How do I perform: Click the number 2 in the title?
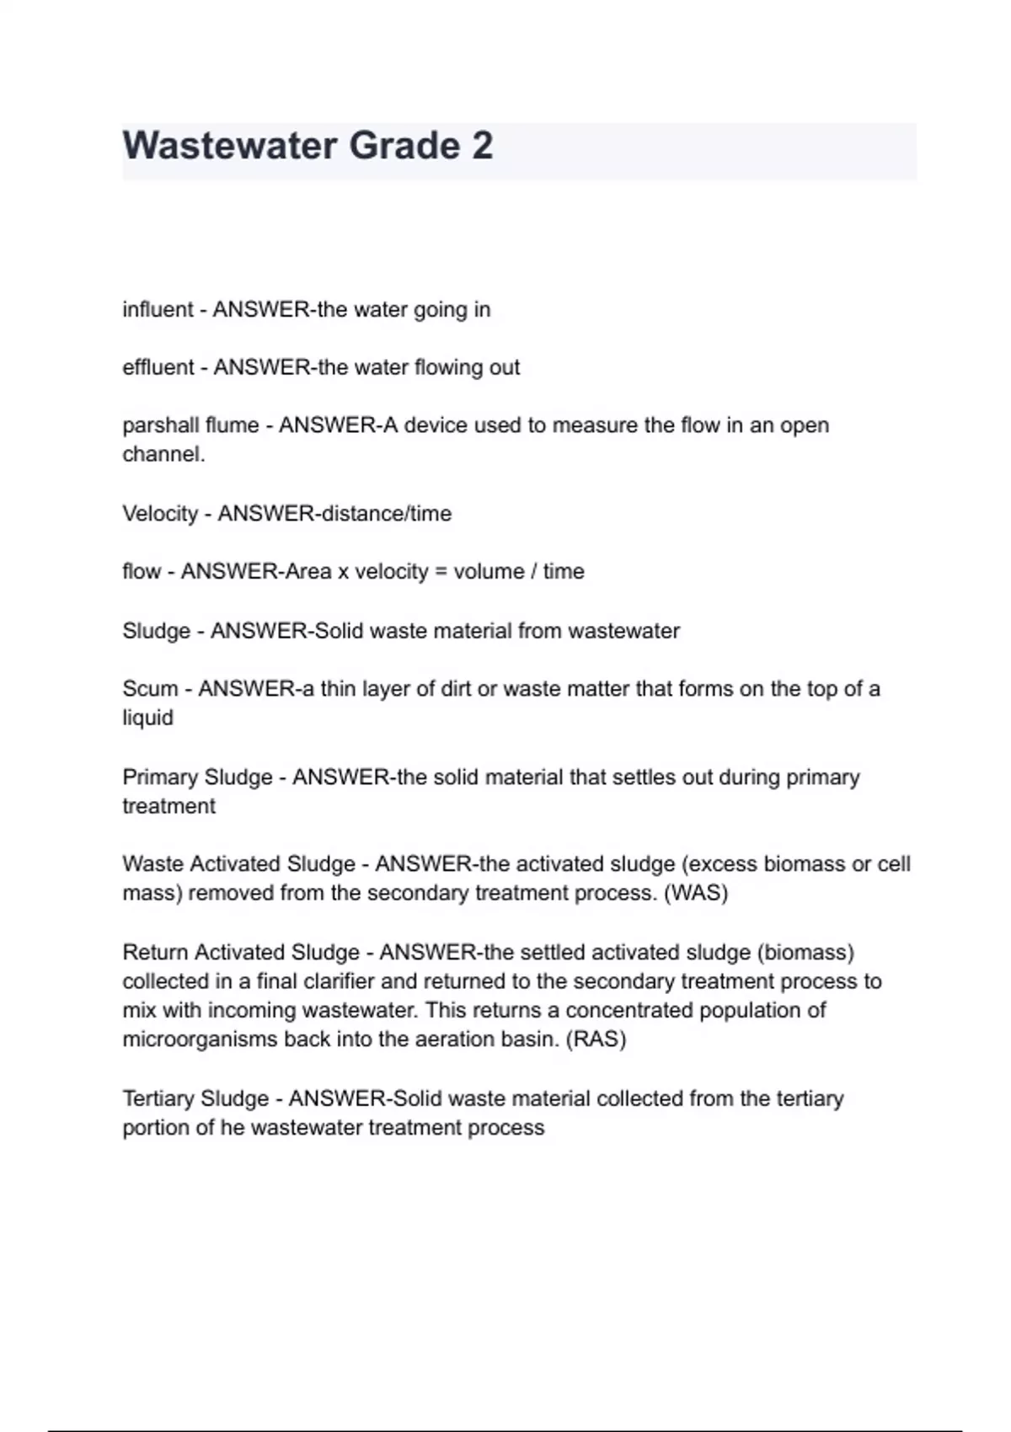pos(482,146)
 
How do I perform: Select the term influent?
pos(158,310)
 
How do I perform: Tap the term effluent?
pos(158,368)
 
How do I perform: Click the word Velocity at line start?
pos(160,514)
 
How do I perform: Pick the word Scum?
pos(150,689)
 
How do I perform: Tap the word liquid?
pos(147,719)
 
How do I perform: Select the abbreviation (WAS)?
pos(696,893)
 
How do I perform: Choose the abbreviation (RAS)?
pos(595,1039)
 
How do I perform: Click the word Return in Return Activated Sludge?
pos(156,953)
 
